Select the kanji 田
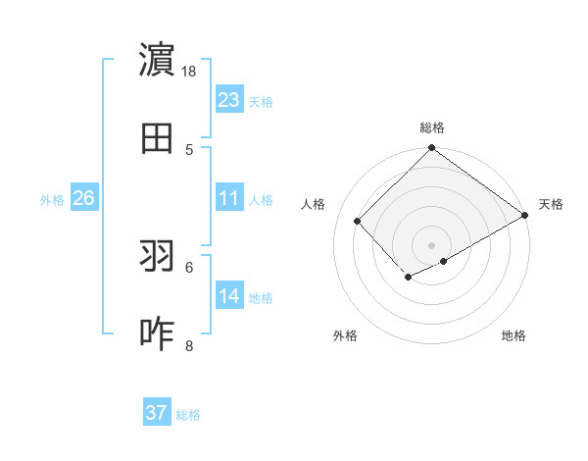tap(157, 138)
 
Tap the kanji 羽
tap(157, 256)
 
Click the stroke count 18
tap(188, 72)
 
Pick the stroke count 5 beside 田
tap(189, 149)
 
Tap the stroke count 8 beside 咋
tap(189, 345)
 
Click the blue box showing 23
tap(229, 100)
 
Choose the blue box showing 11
tap(229, 198)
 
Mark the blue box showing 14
tap(229, 296)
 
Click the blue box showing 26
tap(83, 198)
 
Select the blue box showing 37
tap(157, 413)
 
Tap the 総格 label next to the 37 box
tap(188, 415)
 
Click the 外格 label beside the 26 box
tap(52, 200)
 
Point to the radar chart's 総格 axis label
tap(432, 128)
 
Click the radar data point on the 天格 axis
tap(525, 216)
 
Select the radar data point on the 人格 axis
tap(358, 221)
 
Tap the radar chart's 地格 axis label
tap(514, 336)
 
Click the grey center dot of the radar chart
tap(432, 244)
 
